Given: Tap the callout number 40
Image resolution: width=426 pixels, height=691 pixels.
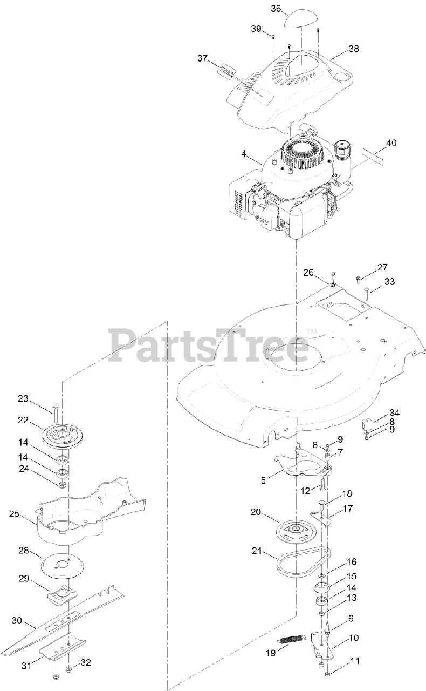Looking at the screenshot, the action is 392,143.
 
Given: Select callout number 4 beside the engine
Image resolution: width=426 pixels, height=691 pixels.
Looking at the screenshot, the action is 244,154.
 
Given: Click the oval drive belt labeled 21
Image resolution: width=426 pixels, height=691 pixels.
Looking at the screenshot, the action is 302,564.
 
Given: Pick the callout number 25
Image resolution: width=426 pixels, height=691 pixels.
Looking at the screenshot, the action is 15,514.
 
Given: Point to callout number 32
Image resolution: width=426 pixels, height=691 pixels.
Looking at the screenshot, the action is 86,662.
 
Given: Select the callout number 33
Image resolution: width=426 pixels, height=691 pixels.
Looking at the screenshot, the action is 389,281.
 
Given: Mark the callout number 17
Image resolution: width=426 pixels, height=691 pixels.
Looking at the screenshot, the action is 348,508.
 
